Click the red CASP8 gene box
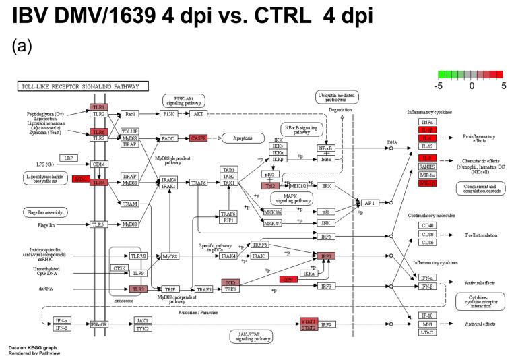(x=199, y=138)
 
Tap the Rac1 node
(x=130, y=114)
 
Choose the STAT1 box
(x=309, y=321)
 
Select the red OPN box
(x=288, y=280)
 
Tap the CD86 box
(x=426, y=242)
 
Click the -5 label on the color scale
(x=437, y=86)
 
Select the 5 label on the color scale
(x=503, y=86)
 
